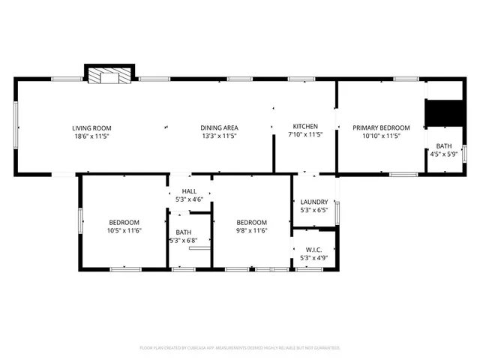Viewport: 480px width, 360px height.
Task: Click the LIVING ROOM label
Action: point(92,127)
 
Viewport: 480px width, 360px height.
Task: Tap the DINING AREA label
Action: point(219,127)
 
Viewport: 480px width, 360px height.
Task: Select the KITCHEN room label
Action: point(305,127)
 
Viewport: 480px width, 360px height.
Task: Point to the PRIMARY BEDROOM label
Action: point(382,127)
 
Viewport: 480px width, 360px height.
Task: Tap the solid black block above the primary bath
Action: point(442,114)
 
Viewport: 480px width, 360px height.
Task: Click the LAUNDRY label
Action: point(314,202)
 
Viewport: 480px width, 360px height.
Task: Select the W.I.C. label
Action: point(314,248)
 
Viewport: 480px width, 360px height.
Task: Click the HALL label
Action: point(189,191)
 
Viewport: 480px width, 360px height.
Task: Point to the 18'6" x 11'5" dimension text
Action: point(92,136)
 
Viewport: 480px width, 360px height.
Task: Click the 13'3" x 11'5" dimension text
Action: point(219,136)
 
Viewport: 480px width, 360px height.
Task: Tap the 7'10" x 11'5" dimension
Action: point(305,136)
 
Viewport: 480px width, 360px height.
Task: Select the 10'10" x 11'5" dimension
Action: point(382,136)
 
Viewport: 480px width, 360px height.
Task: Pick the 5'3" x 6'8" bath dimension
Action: point(184,241)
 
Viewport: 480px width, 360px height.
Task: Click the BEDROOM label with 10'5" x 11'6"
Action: point(124,222)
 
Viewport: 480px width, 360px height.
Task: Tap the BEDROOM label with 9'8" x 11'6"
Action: point(252,222)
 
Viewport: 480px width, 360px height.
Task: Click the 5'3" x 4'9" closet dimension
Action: point(314,258)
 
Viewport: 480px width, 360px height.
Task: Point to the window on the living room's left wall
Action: point(16,125)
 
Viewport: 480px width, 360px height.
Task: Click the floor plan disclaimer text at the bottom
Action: point(240,348)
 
